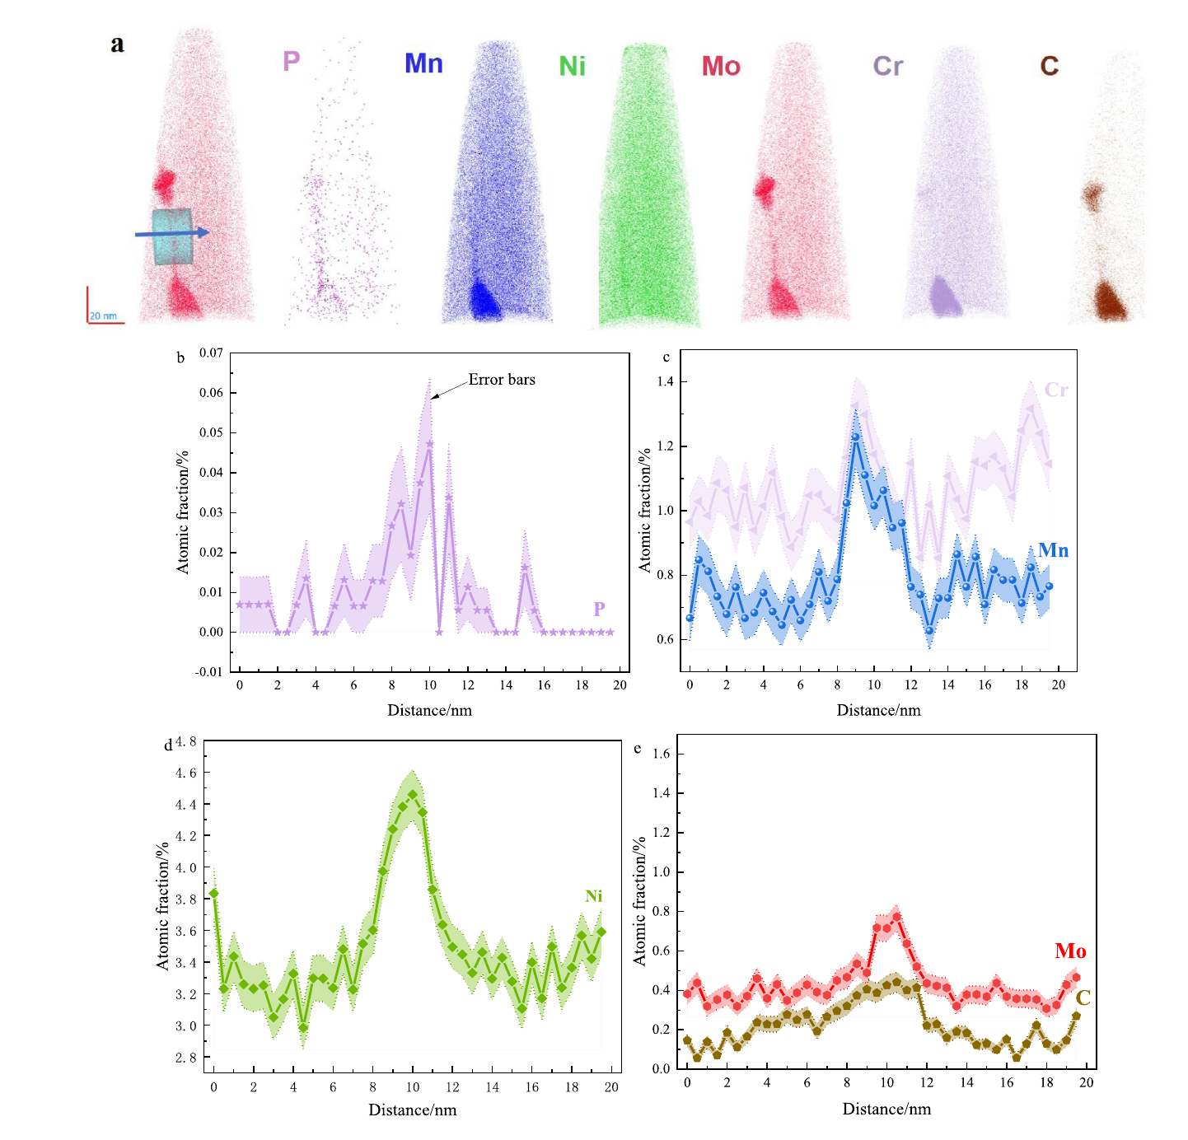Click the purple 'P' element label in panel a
(291, 60)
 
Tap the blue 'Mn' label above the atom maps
(423, 63)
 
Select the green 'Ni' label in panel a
(572, 66)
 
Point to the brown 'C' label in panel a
(1049, 66)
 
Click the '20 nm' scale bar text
(103, 315)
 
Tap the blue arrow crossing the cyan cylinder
(172, 233)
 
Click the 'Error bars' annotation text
(502, 380)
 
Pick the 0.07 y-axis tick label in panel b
(211, 353)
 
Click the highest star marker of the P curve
(430, 444)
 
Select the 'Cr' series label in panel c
(1056, 390)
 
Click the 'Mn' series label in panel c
(1053, 550)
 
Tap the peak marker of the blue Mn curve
(856, 437)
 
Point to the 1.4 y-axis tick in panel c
(665, 381)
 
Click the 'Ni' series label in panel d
(593, 896)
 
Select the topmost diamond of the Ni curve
(413, 795)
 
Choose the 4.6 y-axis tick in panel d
(185, 773)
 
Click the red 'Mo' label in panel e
(1071, 951)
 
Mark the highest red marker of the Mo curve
(897, 917)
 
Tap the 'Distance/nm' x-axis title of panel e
(887, 1109)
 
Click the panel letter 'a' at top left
(117, 44)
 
